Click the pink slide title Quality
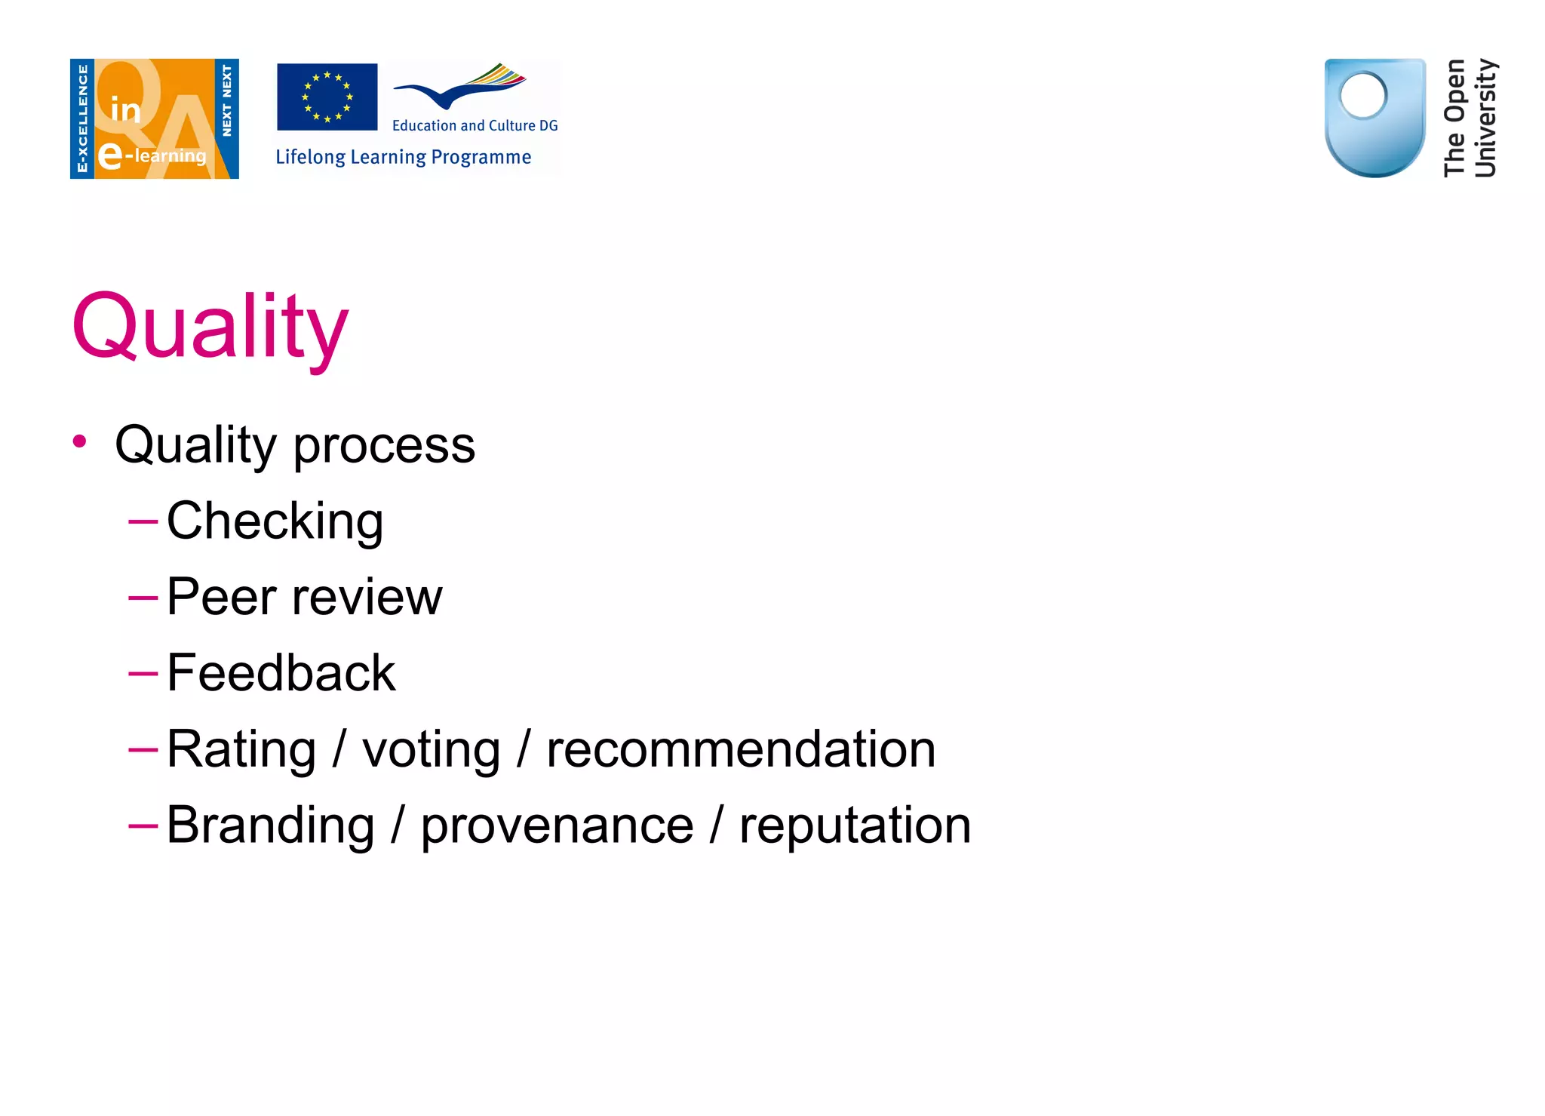pyautogui.click(x=210, y=328)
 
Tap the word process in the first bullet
pyautogui.click(x=384, y=446)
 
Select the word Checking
pyautogui.click(x=275, y=521)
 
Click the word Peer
pyautogui.click(x=222, y=597)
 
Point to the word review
pyautogui.click(x=367, y=598)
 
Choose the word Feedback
pyautogui.click(x=281, y=673)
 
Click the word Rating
pyautogui.click(x=241, y=750)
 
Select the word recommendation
pyautogui.click(x=741, y=750)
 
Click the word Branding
pyautogui.click(x=271, y=826)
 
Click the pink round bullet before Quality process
pyautogui.click(x=80, y=441)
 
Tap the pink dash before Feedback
pyautogui.click(x=143, y=672)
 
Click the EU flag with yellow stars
pyautogui.click(x=327, y=97)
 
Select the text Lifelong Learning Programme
pyautogui.click(x=404, y=157)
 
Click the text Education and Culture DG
pyautogui.click(x=475, y=126)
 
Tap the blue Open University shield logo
pyautogui.click(x=1375, y=118)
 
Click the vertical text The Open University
pyautogui.click(x=1470, y=118)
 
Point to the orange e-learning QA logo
pyautogui.click(x=155, y=118)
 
